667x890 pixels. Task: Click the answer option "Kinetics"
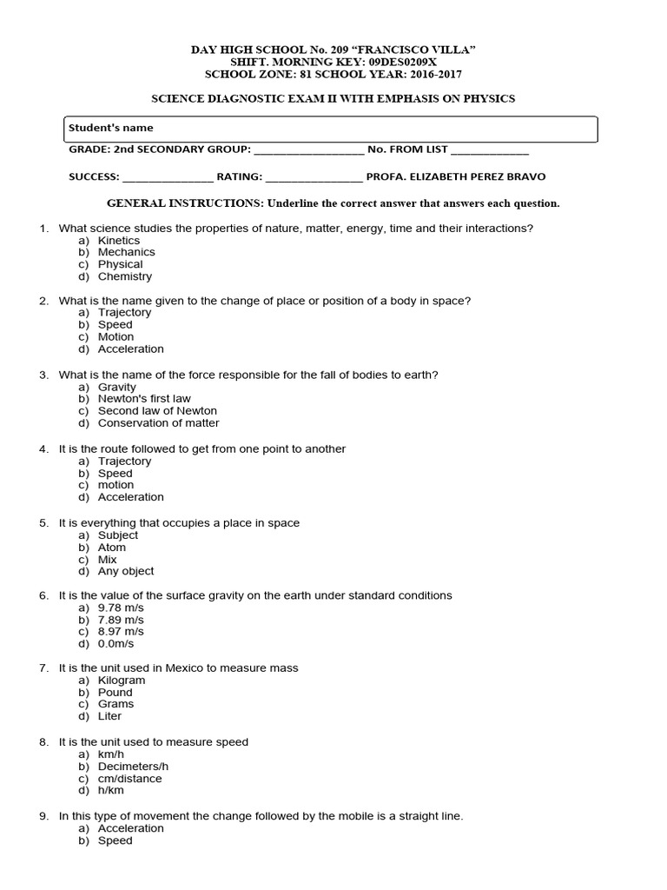tap(118, 240)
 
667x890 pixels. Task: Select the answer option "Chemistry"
tap(124, 276)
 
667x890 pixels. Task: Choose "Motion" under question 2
tap(116, 336)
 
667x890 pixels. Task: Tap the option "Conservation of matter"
tap(158, 423)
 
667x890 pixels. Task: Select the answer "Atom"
tap(111, 548)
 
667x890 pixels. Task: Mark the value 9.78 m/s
tap(121, 608)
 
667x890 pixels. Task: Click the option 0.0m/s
tap(116, 644)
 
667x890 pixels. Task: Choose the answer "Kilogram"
tap(122, 681)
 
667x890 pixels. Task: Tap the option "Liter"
tap(109, 716)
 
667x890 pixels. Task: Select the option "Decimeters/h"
tap(133, 767)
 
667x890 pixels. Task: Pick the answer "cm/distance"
tap(129, 779)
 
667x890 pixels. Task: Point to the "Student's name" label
tap(110, 128)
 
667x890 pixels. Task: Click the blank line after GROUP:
tap(309, 150)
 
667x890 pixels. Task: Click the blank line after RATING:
tap(314, 177)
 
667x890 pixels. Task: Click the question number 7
tap(43, 667)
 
